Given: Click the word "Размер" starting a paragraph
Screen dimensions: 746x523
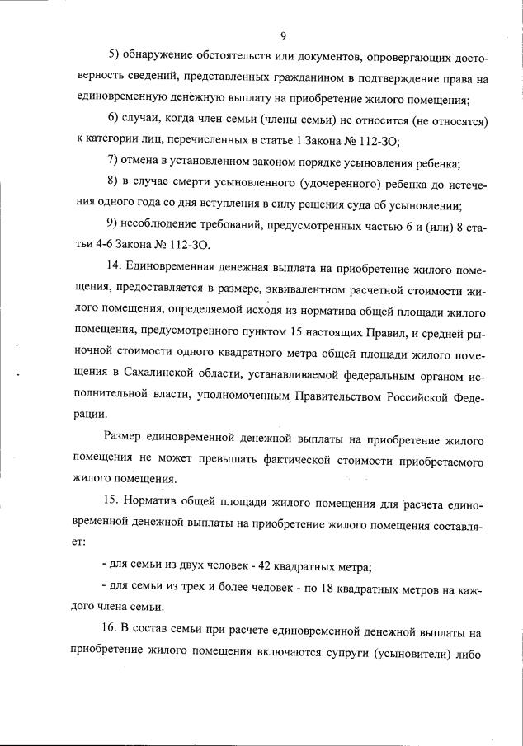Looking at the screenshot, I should pos(129,438).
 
